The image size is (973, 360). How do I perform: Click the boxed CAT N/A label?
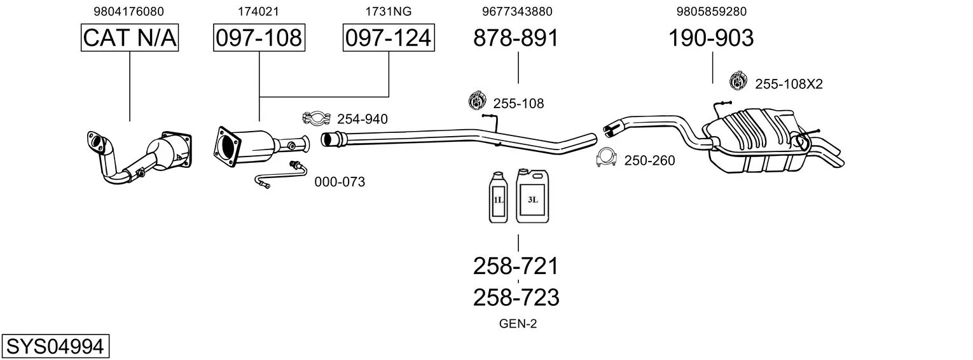[x=130, y=38]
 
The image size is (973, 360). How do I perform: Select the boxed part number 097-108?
[x=259, y=38]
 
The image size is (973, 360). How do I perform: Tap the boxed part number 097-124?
[x=388, y=38]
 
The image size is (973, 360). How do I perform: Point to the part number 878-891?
[x=516, y=38]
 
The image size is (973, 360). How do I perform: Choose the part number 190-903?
[x=711, y=38]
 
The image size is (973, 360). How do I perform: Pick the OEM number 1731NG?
[x=388, y=11]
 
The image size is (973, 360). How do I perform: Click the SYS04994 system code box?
[x=55, y=347]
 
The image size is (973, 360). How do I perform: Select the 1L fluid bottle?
[x=498, y=198]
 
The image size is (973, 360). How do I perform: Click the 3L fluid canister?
[x=532, y=197]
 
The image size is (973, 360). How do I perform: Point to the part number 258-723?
[x=516, y=297]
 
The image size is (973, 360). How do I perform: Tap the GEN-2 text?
[x=518, y=324]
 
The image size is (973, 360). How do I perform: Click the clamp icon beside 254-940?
[x=316, y=118]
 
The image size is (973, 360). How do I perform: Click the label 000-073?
[x=340, y=183]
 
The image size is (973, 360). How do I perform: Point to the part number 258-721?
[x=516, y=266]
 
